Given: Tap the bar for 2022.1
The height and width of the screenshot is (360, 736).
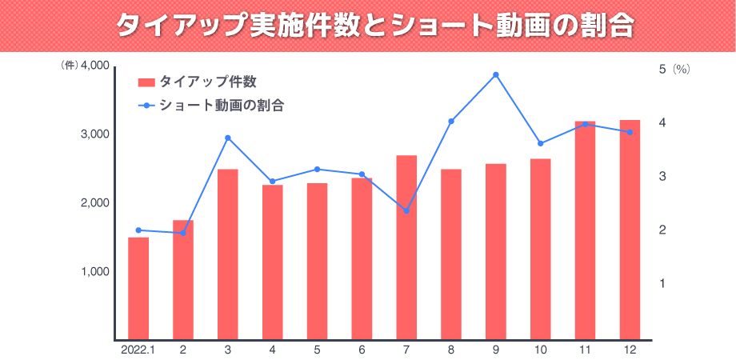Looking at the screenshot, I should pyautogui.click(x=138, y=288).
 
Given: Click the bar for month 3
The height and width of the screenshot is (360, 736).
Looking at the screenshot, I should pyautogui.click(x=228, y=254).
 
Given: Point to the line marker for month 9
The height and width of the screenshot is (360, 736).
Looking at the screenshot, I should pyautogui.click(x=496, y=75).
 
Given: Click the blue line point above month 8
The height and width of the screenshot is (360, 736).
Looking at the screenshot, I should pyautogui.click(x=451, y=122).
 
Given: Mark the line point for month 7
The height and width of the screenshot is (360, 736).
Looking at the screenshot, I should pyautogui.click(x=406, y=211).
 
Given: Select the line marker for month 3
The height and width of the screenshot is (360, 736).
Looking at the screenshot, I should pyautogui.click(x=228, y=138).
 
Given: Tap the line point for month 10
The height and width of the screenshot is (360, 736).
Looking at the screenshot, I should pyautogui.click(x=541, y=144).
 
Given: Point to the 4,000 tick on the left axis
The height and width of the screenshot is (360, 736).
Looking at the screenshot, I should pyautogui.click(x=96, y=66).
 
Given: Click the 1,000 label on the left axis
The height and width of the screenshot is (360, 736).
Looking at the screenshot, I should pyautogui.click(x=96, y=271).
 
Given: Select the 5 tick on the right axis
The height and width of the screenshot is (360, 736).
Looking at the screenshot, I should pyautogui.click(x=662, y=70).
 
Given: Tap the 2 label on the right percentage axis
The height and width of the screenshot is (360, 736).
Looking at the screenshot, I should pyautogui.click(x=662, y=230).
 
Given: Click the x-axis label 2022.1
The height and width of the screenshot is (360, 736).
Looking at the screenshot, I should pyautogui.click(x=138, y=349).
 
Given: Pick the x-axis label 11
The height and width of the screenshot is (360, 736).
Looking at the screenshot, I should pyautogui.click(x=586, y=349).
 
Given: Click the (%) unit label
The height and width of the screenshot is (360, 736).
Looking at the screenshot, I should pyautogui.click(x=681, y=70).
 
